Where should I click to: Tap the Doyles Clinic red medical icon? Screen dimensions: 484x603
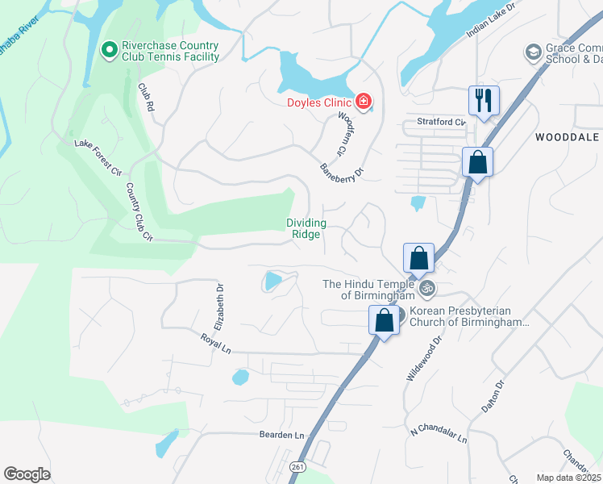pyautogui.click(x=364, y=102)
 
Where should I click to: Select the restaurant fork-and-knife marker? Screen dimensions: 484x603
pyautogui.click(x=484, y=101)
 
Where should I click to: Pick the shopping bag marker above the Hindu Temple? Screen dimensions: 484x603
pyautogui.click(x=418, y=259)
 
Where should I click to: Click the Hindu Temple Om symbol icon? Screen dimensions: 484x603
pyautogui.click(x=428, y=287)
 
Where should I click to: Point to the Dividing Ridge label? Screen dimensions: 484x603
pyautogui.click(x=306, y=228)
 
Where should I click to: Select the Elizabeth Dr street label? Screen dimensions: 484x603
pyautogui.click(x=218, y=307)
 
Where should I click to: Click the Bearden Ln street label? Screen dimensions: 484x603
pyautogui.click(x=281, y=435)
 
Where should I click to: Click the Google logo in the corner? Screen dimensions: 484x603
pyautogui.click(x=27, y=474)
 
